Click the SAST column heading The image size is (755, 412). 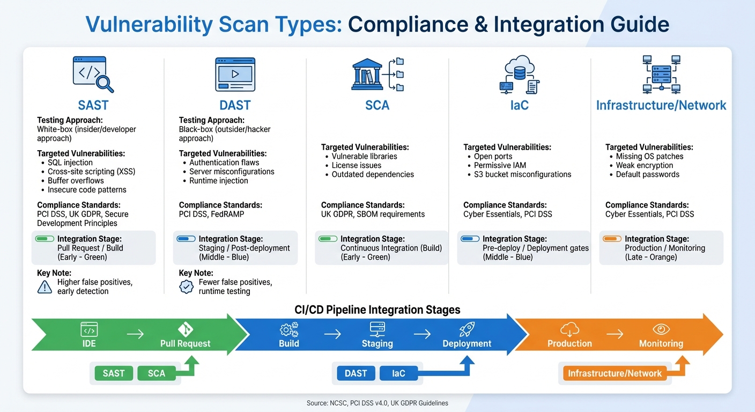tap(93, 105)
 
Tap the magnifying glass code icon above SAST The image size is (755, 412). tap(93, 75)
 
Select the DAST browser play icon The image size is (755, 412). tap(235, 75)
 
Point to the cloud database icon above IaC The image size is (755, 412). tap(519, 75)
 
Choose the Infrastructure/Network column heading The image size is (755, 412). tap(661, 105)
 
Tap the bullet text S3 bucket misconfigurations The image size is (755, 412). tap(522, 174)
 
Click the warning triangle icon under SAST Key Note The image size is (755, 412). tap(45, 287)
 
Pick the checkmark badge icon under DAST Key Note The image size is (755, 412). tap(186, 287)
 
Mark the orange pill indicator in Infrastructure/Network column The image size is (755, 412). tap(612, 239)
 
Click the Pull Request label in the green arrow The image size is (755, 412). tap(185, 343)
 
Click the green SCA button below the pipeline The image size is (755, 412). tap(157, 373)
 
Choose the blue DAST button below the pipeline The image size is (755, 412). tap(356, 373)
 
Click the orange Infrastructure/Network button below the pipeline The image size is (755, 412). tap(615, 373)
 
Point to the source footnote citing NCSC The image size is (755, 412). tap(377, 403)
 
